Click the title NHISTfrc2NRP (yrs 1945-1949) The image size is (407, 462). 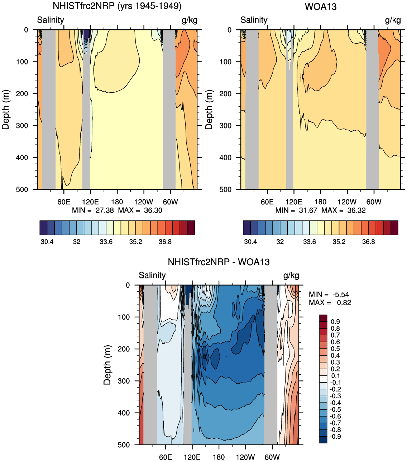point(117,6)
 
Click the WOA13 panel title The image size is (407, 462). point(320,7)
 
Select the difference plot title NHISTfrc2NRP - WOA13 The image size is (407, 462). point(219,262)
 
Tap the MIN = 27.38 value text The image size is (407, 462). point(93,210)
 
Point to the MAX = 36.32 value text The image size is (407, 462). point(344,210)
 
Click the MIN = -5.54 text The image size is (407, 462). point(329,295)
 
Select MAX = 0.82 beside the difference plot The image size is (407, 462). point(330,303)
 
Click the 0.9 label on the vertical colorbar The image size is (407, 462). point(335,322)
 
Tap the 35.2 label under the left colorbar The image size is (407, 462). point(135,242)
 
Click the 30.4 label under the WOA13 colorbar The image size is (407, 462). point(250,242)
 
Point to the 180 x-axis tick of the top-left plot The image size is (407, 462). point(117,202)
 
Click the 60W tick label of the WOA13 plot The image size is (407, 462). point(374,202)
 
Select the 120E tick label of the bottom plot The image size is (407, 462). point(192,457)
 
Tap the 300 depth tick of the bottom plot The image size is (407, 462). point(124,381)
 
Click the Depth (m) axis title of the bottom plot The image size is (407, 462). point(107,365)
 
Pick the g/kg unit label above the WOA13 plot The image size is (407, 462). point(393,20)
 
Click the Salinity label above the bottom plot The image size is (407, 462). point(152,275)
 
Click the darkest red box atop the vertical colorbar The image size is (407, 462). point(323,318)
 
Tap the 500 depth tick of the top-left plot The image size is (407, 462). point(22,190)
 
